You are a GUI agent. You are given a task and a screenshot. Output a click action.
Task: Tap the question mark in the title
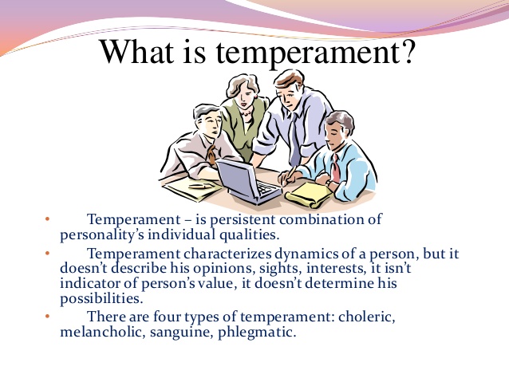tap(407, 51)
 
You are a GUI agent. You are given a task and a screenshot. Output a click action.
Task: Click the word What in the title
tap(136, 51)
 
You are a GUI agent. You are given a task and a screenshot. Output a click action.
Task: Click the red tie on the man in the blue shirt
tap(335, 167)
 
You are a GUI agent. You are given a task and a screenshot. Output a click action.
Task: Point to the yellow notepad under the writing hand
tap(309, 195)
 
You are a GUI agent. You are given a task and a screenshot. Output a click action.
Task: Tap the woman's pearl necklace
tap(246, 114)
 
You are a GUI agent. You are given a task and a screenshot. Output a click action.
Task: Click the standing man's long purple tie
tap(294, 139)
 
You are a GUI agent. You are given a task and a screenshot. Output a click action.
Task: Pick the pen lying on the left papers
tap(199, 187)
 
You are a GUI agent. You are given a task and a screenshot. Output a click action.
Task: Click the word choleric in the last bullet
tap(367, 317)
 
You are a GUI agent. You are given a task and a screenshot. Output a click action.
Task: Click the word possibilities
tap(101, 299)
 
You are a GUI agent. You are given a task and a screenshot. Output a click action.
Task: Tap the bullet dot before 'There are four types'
tap(47, 316)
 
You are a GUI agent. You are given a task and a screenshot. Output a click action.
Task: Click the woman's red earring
tap(255, 96)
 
